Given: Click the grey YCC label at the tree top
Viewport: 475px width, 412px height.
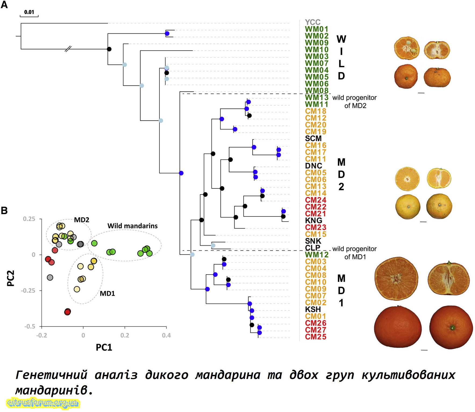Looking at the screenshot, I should pyautogui.click(x=312, y=22).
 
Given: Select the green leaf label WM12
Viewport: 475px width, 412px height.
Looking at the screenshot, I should pyautogui.click(x=317, y=254).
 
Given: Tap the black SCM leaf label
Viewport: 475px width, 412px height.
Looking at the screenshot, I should pyautogui.click(x=313, y=138).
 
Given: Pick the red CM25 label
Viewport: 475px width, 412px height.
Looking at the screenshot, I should pyautogui.click(x=316, y=337).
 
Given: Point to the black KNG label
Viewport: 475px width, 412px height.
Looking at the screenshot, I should pyautogui.click(x=313, y=221).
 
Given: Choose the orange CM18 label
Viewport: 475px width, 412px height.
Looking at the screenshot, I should pyautogui.click(x=316, y=111).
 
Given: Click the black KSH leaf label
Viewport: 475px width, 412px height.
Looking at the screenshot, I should pyautogui.click(x=313, y=309).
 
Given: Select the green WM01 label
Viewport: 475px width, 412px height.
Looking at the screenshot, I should pyautogui.click(x=317, y=29).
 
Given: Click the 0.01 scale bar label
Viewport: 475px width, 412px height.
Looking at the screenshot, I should pyautogui.click(x=29, y=12).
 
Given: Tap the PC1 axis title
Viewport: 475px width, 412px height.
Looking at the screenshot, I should pyautogui.click(x=104, y=347).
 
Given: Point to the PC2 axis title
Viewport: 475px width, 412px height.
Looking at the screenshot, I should pyautogui.click(x=10, y=278).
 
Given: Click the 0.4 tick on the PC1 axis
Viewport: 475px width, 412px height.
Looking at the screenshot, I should pyautogui.click(x=166, y=335).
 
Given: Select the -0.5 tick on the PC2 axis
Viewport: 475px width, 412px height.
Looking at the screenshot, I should pyautogui.click(x=30, y=326).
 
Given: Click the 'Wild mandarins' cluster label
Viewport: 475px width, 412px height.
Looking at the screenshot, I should pyautogui.click(x=133, y=226).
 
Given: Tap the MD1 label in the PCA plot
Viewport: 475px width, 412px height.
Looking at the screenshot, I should pyautogui.click(x=107, y=293).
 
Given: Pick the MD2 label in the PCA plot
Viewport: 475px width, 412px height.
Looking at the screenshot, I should pyautogui.click(x=81, y=220).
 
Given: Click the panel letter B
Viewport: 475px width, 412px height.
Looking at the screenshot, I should pyautogui.click(x=4, y=210).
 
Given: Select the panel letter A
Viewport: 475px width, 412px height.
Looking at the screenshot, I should pyautogui.click(x=4, y=5).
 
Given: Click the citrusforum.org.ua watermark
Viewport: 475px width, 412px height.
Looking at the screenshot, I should pyautogui.click(x=42, y=403).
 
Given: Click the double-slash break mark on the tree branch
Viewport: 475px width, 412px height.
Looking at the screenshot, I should pyautogui.click(x=68, y=49).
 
